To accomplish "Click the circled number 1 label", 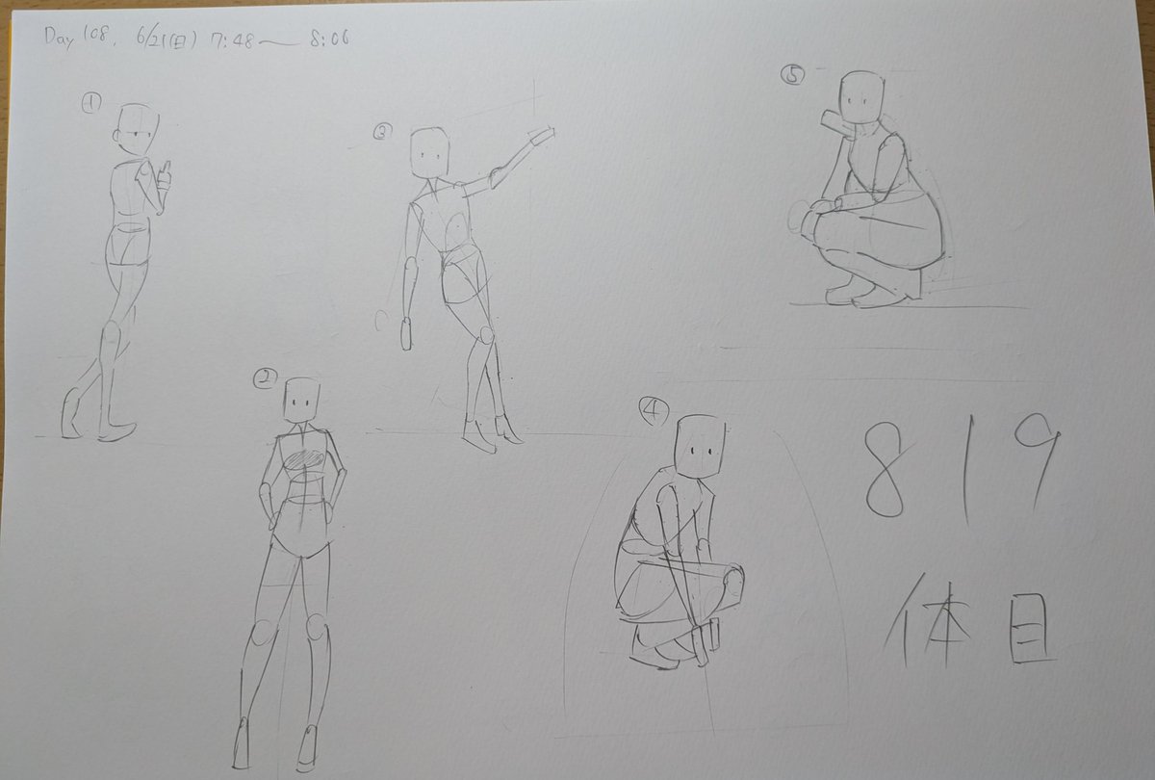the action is point(91,104).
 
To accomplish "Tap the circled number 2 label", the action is point(265,378).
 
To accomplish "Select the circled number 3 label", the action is point(383,133).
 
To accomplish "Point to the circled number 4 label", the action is point(654,411).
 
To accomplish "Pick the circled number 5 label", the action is point(792,76).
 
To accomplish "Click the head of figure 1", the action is point(136,129).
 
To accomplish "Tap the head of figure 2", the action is point(301,400).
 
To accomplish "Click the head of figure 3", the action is point(429,153).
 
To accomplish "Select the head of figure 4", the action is point(701,446).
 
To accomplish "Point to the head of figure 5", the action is point(861,97).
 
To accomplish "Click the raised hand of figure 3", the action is point(542,137).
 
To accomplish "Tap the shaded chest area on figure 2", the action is point(304,460).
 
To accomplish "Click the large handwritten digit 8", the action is point(885,470).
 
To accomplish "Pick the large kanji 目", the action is point(1031,628).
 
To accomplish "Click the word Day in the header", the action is point(59,39).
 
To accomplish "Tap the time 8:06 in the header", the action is point(329,39).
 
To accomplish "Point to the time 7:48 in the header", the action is point(232,40).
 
